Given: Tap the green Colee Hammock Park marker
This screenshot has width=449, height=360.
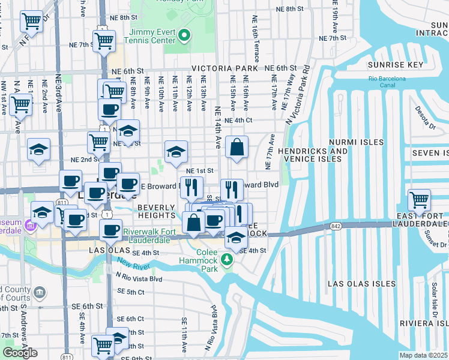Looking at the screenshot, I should pyautogui.click(x=227, y=260).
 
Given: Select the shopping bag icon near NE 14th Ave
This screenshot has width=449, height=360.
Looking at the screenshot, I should pyautogui.click(x=237, y=147).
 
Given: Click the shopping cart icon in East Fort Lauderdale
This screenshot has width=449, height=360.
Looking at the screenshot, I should pyautogui.click(x=419, y=199).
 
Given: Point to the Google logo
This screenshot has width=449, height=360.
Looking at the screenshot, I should pyautogui.click(x=20, y=352).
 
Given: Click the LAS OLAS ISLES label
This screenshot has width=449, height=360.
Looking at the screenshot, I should pyautogui.click(x=362, y=283).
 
